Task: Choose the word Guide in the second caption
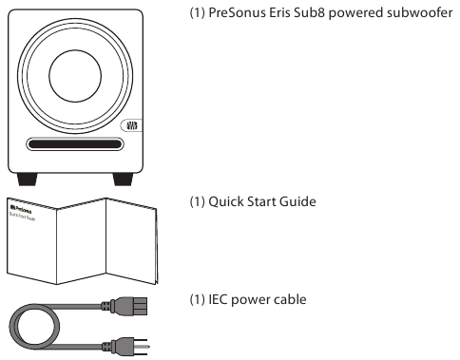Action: click(x=297, y=201)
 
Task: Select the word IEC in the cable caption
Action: click(x=218, y=299)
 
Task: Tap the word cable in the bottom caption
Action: click(x=290, y=299)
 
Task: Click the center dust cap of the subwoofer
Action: click(x=75, y=76)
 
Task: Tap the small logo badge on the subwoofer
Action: click(x=131, y=125)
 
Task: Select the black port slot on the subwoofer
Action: click(x=75, y=144)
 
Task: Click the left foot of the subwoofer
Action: click(x=28, y=180)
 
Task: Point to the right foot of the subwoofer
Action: click(x=123, y=180)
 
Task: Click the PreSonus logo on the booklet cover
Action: click(x=21, y=209)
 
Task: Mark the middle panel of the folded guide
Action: click(x=82, y=241)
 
